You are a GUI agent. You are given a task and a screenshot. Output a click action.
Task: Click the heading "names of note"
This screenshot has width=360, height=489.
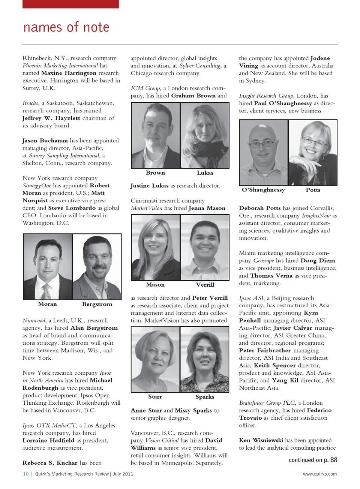[x=66, y=27]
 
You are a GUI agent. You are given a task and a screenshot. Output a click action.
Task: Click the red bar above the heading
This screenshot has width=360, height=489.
[x=70, y=4]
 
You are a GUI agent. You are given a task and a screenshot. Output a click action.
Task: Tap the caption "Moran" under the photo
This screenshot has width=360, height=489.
[x=48, y=304]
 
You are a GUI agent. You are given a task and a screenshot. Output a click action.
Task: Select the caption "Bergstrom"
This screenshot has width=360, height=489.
[x=97, y=304]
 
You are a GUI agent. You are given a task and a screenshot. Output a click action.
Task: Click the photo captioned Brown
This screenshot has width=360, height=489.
[x=156, y=135]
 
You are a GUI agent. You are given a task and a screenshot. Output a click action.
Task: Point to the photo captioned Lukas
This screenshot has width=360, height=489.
[x=205, y=135]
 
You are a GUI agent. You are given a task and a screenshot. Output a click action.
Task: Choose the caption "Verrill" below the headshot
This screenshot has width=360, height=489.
[x=205, y=285]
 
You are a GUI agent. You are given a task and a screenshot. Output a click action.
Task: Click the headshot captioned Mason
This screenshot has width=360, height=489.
[x=156, y=247]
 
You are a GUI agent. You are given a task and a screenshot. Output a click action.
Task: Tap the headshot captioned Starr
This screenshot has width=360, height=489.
[x=155, y=359]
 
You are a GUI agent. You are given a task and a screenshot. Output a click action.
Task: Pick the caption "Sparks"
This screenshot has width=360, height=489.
[x=205, y=397]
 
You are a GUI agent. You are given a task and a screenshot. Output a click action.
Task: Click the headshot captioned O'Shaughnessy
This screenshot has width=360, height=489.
[x=264, y=152]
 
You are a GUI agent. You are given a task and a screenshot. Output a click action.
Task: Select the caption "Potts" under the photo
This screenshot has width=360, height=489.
[x=313, y=190]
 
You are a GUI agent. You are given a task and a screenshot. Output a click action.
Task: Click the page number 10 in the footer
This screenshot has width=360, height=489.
[x=26, y=474]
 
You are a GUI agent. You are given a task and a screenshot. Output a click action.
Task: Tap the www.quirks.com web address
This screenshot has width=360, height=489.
[x=319, y=474]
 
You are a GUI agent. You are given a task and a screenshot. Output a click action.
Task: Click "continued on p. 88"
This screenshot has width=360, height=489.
[x=313, y=460]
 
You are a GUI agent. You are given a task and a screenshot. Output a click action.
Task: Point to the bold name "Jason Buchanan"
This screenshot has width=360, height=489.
[x=45, y=141]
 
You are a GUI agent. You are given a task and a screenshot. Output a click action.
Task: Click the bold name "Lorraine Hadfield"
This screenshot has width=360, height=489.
[x=48, y=440]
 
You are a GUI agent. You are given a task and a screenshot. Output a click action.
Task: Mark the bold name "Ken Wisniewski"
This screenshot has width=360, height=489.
[x=261, y=440]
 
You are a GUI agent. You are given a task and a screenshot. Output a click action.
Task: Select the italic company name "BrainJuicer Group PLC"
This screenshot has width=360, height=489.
[x=267, y=403]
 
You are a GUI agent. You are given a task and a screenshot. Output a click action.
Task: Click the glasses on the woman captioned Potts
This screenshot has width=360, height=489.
[x=314, y=142]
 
